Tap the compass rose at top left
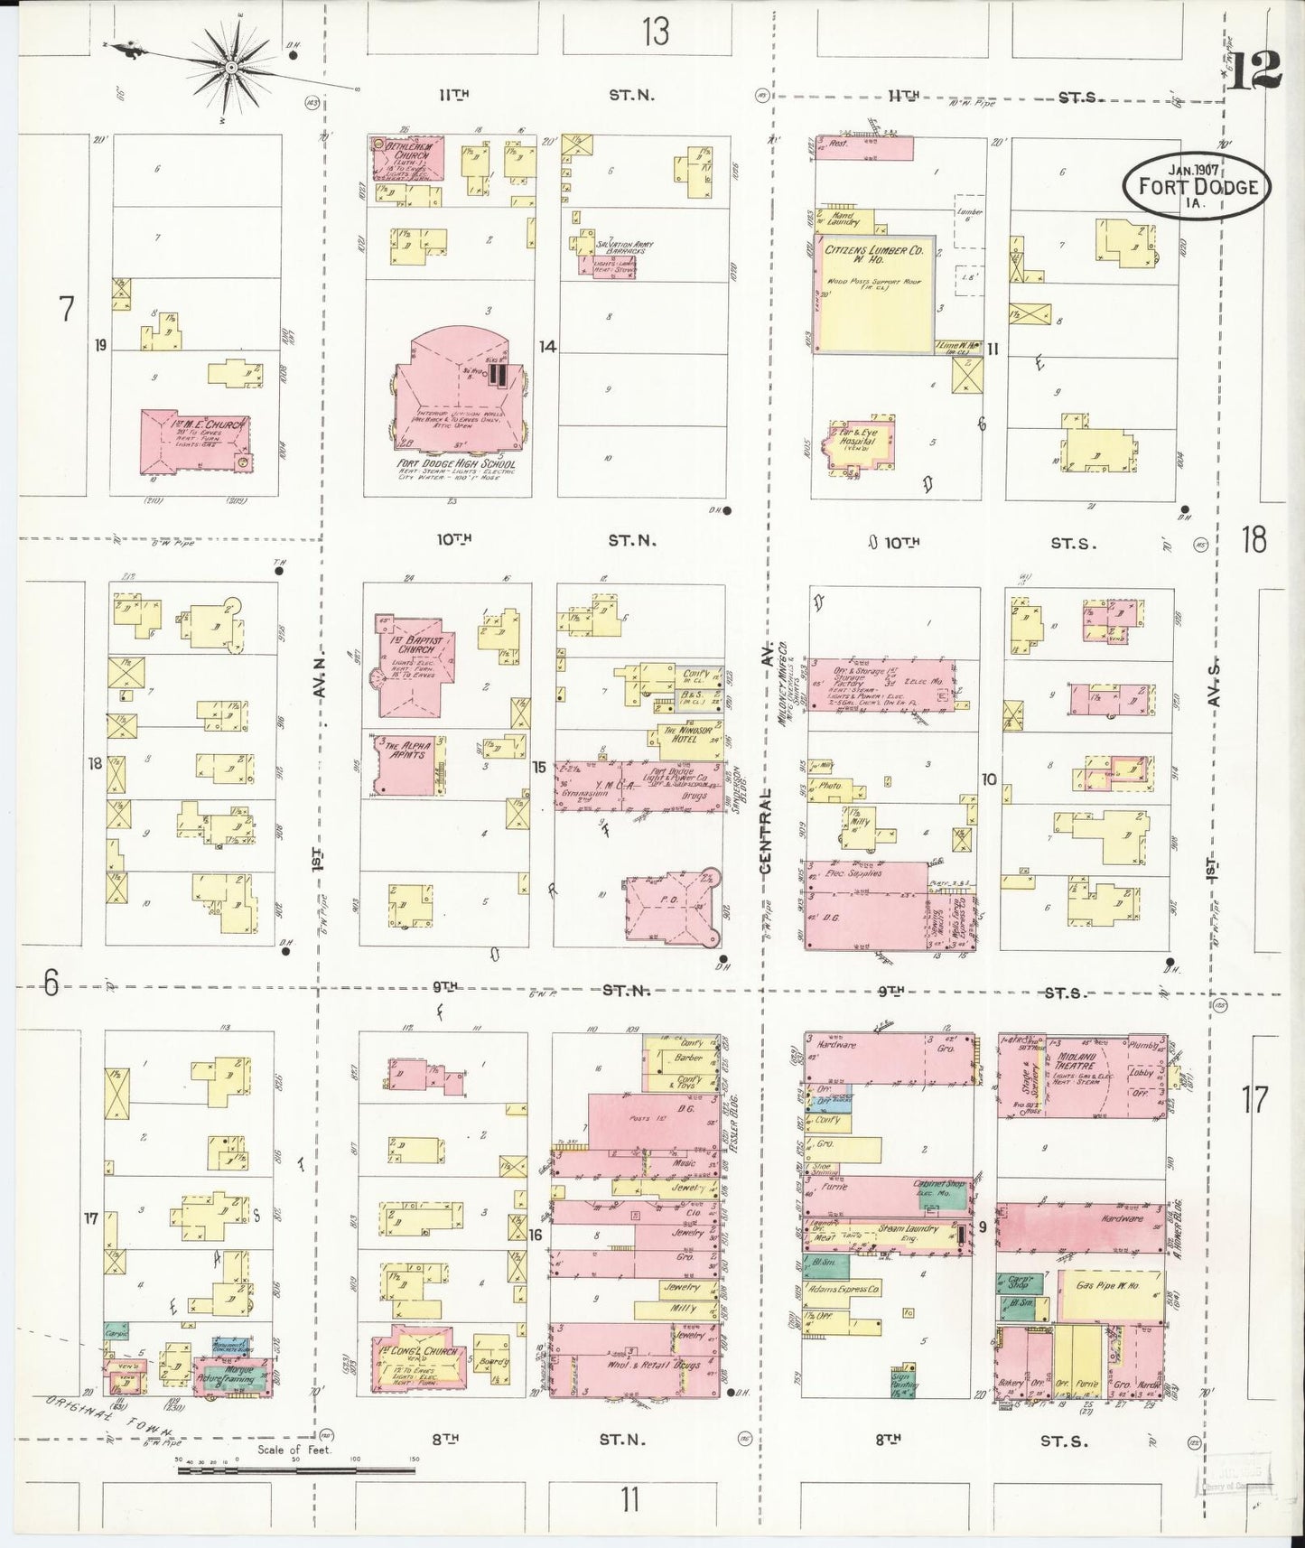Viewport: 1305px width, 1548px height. point(230,67)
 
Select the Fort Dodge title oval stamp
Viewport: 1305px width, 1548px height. point(1198,185)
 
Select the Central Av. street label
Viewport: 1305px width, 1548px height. point(767,831)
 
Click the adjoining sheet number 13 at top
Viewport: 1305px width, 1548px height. point(657,33)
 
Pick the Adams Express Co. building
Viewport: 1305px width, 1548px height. point(849,1290)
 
